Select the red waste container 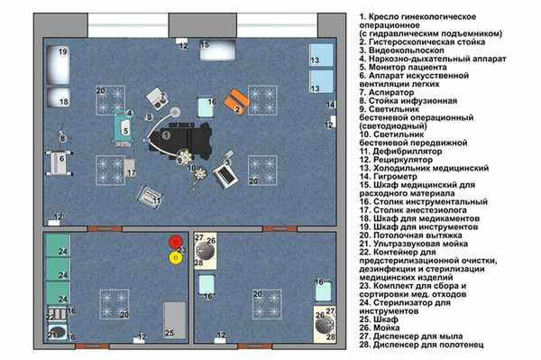[175, 242]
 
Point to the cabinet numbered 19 [59, 63]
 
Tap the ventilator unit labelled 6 [58, 163]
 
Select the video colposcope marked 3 [157, 94]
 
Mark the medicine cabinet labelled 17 [131, 168]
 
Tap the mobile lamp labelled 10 [191, 171]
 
